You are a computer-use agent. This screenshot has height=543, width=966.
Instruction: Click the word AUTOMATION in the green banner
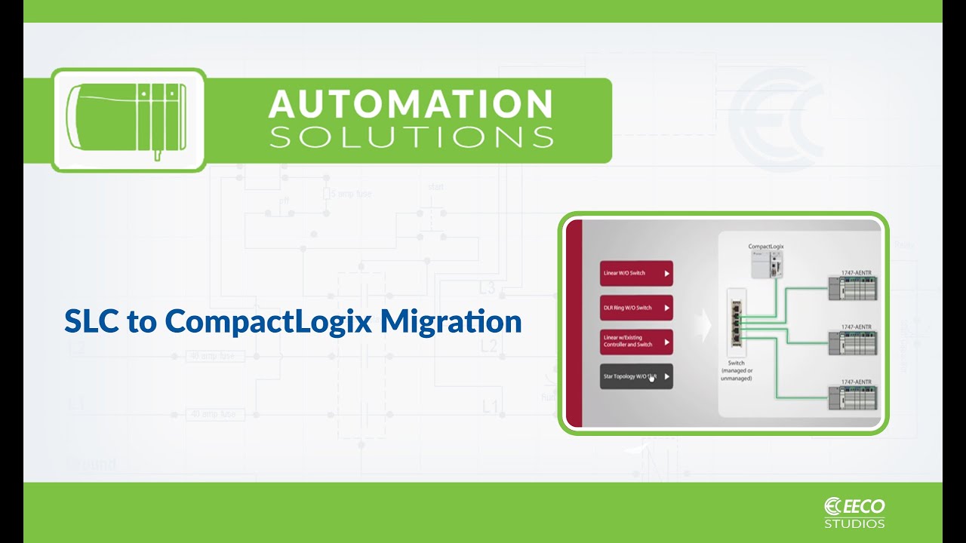[x=411, y=103]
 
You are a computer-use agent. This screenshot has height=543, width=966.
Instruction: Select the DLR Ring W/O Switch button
[x=635, y=307]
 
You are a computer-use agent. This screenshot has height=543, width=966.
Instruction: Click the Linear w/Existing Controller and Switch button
[x=635, y=342]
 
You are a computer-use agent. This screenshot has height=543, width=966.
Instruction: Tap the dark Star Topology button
[x=635, y=376]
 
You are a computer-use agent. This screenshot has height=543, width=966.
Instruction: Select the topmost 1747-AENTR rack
[x=854, y=289]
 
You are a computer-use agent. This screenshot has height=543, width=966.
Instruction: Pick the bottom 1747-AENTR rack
[x=854, y=398]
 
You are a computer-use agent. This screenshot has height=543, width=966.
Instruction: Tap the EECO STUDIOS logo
[x=854, y=512]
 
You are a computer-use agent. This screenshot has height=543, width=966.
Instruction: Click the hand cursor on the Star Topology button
[x=651, y=378]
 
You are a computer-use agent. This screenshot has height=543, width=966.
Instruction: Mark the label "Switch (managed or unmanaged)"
[x=737, y=371]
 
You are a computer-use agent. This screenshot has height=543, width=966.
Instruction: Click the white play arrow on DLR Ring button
[x=666, y=308]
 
